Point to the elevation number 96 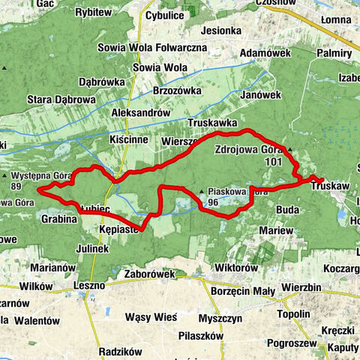(x=214, y=202)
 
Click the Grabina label (x=59, y=220)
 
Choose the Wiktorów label (x=235, y=268)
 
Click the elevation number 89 (x=16, y=186)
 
